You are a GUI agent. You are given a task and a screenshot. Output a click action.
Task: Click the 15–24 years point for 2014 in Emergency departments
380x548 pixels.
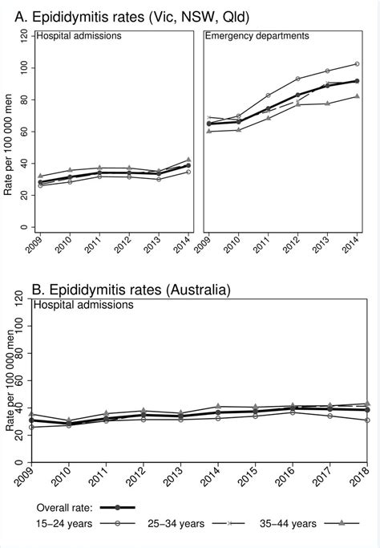(357, 63)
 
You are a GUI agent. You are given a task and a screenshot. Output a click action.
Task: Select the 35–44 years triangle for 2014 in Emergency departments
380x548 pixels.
(357, 96)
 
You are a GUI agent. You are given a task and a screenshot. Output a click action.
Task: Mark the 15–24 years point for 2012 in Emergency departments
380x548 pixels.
(297, 79)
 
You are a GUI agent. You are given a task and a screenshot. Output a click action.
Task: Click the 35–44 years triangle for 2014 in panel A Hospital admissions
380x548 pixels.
(188, 160)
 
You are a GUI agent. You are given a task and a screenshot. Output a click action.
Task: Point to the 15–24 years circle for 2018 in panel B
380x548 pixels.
(367, 420)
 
